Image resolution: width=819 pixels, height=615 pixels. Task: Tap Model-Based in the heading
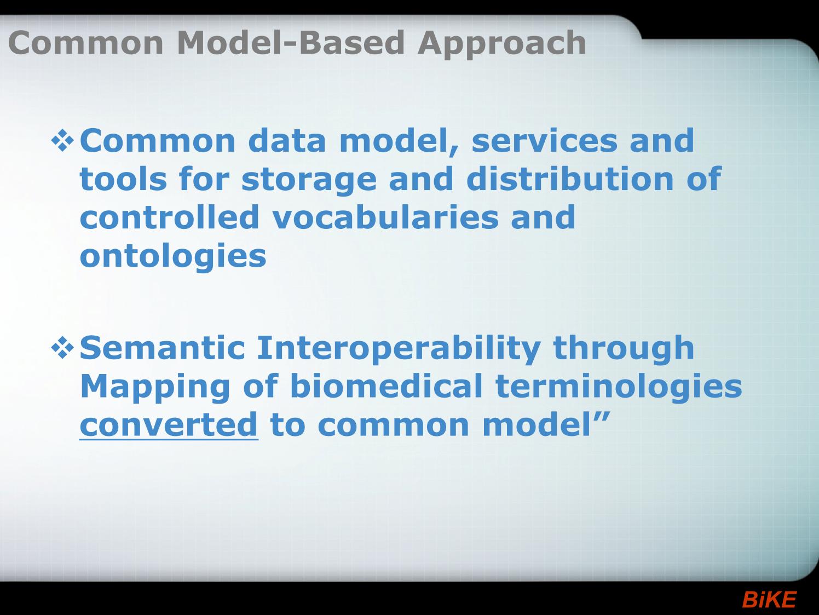(291, 42)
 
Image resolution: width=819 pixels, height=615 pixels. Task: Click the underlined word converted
(169, 425)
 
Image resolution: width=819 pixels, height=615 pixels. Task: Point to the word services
(544, 141)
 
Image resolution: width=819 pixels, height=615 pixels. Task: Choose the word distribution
(570, 179)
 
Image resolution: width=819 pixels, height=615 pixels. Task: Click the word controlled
(169, 217)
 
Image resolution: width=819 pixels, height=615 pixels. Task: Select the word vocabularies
(385, 217)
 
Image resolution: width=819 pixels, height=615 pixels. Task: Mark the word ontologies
(173, 257)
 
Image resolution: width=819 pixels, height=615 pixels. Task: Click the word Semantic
(163, 348)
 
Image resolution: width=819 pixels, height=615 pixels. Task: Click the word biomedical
(386, 386)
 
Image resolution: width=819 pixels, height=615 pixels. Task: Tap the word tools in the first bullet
(123, 179)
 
